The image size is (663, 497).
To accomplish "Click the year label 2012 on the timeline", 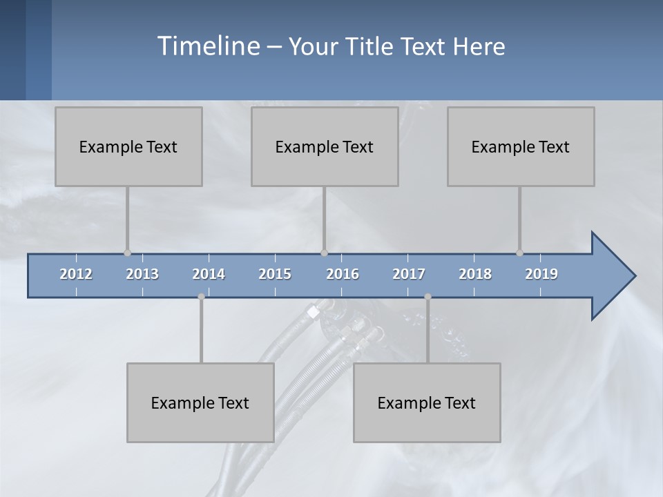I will tap(76, 274).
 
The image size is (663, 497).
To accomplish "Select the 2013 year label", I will tap(142, 274).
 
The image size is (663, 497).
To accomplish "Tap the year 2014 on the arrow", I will tap(209, 274).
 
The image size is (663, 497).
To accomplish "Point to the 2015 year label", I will tap(275, 274).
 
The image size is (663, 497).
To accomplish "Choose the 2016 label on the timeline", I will tap(343, 274).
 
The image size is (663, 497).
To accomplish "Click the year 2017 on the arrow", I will tap(409, 274).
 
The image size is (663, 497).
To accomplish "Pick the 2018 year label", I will tap(475, 274).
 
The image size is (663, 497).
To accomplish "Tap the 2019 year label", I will tap(541, 274).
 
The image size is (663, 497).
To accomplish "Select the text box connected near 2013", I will tap(128, 146).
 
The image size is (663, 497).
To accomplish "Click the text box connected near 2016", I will tap(325, 146).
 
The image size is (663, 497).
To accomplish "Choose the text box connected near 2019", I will tap(521, 146).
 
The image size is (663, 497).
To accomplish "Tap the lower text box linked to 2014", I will tap(200, 402).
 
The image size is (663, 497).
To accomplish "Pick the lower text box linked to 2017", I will tap(427, 402).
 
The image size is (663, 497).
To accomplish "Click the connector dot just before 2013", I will tap(127, 253).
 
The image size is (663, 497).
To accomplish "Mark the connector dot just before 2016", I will tap(324, 253).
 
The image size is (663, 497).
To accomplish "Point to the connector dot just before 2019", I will tap(519, 253).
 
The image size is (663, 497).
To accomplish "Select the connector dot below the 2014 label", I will tap(201, 297).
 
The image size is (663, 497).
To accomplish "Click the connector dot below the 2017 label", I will tap(427, 297).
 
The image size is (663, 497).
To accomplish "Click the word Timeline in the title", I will tap(208, 46).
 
